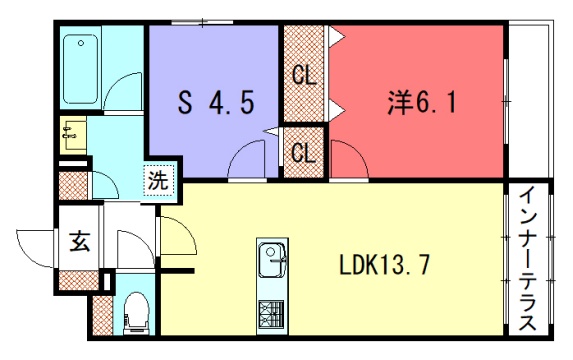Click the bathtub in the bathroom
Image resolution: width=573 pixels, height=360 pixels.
coord(80,69)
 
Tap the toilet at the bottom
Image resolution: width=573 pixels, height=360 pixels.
coord(137,313)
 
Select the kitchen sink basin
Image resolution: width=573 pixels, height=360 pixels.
coord(272,260)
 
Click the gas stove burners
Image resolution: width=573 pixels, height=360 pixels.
coord(271,314)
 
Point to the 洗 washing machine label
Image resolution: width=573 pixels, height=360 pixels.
coord(158,181)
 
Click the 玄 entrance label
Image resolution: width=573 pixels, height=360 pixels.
coord(80,241)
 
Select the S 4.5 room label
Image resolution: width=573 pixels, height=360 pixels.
coord(216,103)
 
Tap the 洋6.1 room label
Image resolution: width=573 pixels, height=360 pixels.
coord(422,102)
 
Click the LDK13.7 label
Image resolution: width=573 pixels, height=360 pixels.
coord(384,265)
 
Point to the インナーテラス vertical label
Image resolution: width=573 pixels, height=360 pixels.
coord(528,259)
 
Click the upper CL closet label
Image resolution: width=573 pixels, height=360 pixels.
coord(304,76)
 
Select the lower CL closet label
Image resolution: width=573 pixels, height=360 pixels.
coord(303,153)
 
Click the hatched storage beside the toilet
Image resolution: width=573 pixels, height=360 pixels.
coord(103,315)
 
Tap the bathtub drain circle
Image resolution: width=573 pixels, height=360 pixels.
coord(81,43)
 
